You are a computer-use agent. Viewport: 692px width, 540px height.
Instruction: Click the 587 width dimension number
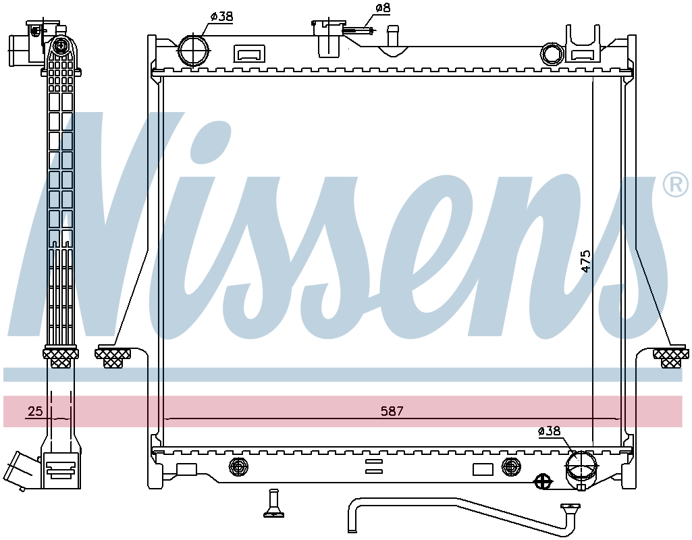click(392, 411)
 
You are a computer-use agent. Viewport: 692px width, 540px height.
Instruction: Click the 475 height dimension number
click(585, 261)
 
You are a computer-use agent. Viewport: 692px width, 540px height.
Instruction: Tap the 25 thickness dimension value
click(35, 411)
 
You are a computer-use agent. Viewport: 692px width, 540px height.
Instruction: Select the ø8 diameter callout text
click(383, 8)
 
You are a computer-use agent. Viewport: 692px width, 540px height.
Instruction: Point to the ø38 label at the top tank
click(221, 16)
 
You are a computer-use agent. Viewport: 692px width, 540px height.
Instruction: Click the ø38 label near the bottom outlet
click(549, 431)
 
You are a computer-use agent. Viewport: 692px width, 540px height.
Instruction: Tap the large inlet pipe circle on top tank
click(193, 51)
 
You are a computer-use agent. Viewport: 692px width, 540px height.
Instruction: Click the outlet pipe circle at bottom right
click(581, 466)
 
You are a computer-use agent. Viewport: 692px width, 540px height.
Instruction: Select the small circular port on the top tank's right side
click(552, 54)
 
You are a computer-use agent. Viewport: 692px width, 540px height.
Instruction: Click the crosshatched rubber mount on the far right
click(670, 356)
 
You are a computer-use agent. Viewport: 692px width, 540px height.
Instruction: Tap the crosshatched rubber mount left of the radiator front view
click(113, 356)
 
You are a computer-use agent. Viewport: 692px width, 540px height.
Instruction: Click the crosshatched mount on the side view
click(61, 357)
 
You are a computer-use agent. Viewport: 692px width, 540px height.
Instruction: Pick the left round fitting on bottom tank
click(239, 466)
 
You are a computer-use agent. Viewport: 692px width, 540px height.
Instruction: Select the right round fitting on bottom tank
click(511, 466)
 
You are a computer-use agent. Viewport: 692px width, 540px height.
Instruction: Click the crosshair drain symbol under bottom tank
click(543, 481)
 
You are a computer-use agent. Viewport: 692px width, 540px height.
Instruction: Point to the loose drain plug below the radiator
click(273, 503)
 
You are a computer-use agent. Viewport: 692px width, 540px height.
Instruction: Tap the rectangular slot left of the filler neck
click(249, 54)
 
